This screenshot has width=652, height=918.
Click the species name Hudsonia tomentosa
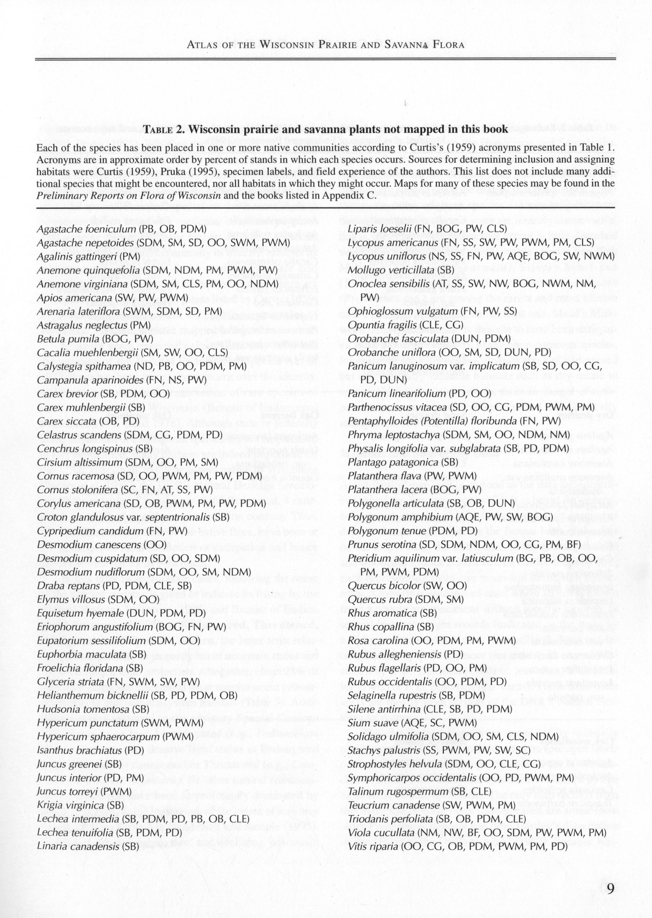pyautogui.click(x=84, y=709)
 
